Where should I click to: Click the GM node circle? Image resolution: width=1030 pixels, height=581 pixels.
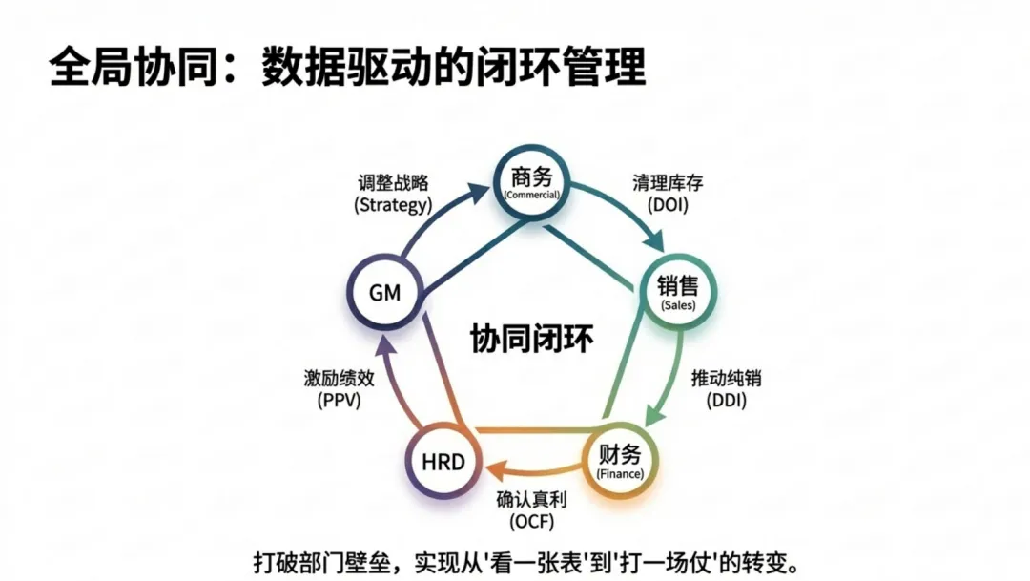(383, 293)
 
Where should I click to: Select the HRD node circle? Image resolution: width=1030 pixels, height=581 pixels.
(443, 464)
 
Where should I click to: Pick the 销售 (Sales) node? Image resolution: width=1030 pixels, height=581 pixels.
(678, 292)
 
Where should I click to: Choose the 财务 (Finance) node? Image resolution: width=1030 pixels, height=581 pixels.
(619, 461)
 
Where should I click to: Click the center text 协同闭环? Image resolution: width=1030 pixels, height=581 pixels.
(532, 339)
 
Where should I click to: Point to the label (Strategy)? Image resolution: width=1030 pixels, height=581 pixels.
(393, 204)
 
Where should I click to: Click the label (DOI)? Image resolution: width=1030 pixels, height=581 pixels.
(668, 204)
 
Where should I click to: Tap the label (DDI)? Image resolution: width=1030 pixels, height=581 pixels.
(726, 401)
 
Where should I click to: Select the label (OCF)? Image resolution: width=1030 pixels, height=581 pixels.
(531, 521)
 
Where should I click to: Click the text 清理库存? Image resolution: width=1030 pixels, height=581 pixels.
(668, 182)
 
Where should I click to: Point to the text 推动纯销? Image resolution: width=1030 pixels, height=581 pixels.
(726, 378)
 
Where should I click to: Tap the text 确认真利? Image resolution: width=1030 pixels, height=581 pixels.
(531, 499)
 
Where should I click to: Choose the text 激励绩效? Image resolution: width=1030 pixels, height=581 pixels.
(339, 378)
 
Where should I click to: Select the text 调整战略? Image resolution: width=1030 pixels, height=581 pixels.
(393, 182)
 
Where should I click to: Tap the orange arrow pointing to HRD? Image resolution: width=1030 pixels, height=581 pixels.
(534, 469)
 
